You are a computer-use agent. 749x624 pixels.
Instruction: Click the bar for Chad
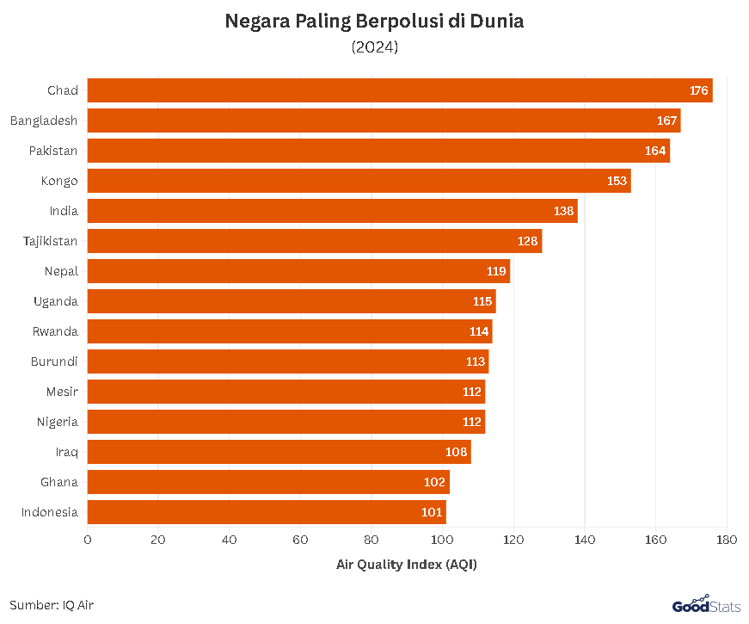[400, 90]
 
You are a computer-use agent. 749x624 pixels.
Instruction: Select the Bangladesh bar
[384, 120]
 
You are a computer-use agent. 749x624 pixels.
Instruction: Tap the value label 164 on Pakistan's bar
[655, 151]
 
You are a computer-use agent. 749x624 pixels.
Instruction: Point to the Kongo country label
[59, 181]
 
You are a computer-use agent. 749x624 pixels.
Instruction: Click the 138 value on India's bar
[563, 211]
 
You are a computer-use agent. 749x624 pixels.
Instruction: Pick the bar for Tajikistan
[315, 241]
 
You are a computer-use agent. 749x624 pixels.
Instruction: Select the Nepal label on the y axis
[61, 271]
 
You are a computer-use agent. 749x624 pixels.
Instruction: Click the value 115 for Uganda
[482, 301]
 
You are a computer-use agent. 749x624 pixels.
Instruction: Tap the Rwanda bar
[290, 331]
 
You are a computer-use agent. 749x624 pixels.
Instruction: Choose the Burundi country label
[54, 361]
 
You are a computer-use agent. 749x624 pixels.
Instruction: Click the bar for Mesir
[286, 392]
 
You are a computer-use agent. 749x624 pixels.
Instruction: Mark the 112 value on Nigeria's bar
[471, 422]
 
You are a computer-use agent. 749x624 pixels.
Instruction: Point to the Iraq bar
[279, 452]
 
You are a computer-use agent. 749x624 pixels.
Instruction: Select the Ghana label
[59, 482]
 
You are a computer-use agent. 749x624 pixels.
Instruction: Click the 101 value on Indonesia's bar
[432, 512]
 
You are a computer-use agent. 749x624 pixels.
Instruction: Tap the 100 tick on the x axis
[442, 540]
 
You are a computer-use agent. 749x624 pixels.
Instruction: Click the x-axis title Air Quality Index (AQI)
[406, 565]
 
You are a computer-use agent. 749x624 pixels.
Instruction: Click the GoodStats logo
[705, 605]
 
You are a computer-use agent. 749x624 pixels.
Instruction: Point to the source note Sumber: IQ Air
[52, 605]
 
